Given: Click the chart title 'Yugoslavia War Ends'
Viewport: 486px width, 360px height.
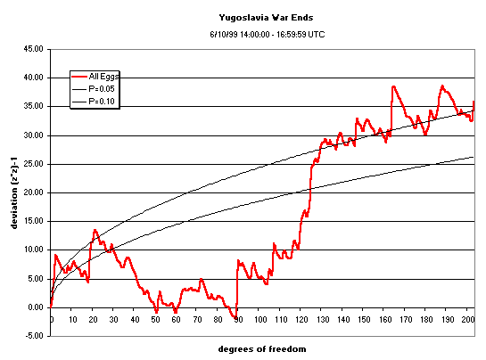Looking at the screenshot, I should (x=266, y=16).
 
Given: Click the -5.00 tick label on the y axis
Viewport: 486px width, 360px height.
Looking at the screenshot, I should (x=33, y=336).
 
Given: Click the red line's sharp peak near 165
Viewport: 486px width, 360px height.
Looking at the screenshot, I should (x=393, y=86).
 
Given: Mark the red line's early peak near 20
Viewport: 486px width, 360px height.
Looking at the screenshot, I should (x=95, y=230).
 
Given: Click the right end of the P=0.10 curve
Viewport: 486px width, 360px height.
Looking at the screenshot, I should (x=474, y=157).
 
